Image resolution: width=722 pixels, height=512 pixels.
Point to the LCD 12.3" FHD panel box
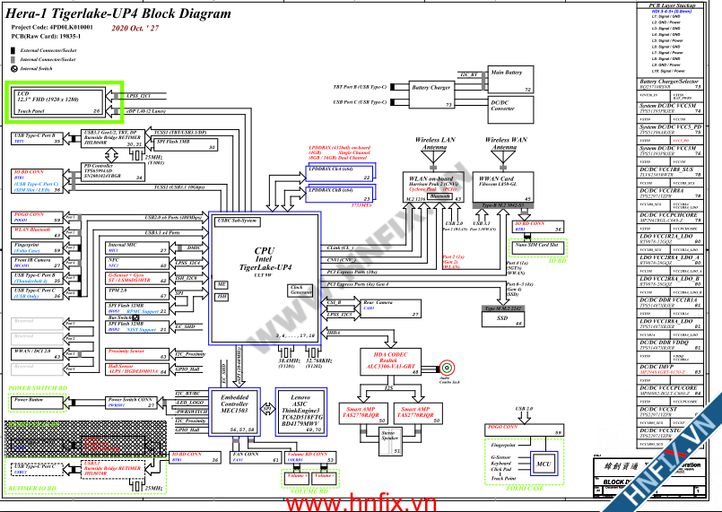coord(64,101)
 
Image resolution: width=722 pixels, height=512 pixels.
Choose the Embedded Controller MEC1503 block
coord(235,410)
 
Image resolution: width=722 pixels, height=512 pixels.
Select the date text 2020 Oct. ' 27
coord(135,29)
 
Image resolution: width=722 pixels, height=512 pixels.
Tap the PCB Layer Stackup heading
coord(673,4)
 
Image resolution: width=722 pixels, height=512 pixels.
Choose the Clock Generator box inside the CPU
coord(300,290)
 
